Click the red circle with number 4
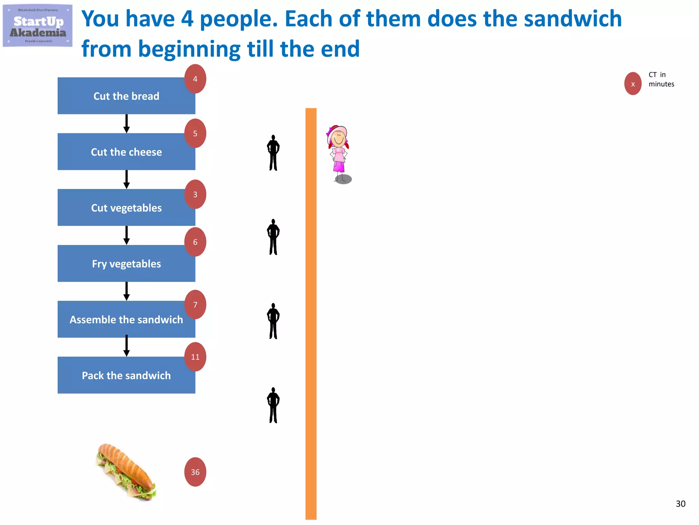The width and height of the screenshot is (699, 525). [195, 79]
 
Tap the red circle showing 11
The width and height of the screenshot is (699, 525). [195, 357]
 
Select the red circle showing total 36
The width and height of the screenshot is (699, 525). [195, 472]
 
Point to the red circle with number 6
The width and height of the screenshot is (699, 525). [195, 242]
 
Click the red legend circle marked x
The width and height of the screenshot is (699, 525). [633, 84]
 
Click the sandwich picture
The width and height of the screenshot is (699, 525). [127, 472]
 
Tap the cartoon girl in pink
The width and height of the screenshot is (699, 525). [339, 154]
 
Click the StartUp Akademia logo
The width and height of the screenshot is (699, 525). [38, 26]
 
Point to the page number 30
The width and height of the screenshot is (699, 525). [680, 503]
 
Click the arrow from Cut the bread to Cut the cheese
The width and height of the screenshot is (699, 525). [127, 124]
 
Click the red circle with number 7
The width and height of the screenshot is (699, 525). [195, 305]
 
